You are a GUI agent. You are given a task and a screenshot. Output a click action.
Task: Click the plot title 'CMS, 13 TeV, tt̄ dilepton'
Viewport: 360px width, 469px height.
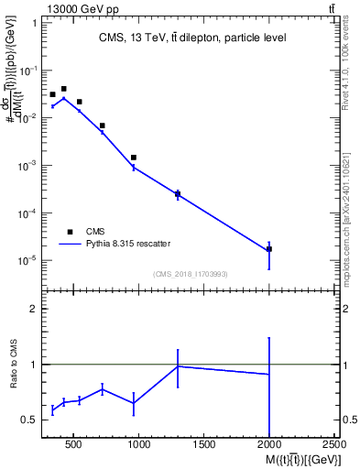pos(191,38)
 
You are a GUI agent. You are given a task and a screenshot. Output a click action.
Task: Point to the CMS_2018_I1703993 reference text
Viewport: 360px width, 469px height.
pos(191,274)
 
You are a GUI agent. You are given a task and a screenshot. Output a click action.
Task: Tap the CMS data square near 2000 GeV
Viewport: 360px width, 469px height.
pos(269,249)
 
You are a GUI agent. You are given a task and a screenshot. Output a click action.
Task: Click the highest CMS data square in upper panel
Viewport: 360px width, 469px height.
pos(63,89)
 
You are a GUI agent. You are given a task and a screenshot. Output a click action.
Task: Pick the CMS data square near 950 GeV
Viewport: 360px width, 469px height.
pos(134,158)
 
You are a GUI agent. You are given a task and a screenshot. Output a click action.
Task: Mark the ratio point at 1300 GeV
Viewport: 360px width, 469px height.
pos(178,366)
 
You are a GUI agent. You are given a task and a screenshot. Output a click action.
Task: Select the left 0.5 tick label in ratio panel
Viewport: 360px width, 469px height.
pos(29,420)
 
